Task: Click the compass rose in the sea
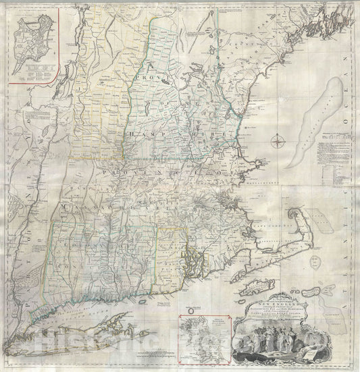pyautogui.click(x=279, y=141)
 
